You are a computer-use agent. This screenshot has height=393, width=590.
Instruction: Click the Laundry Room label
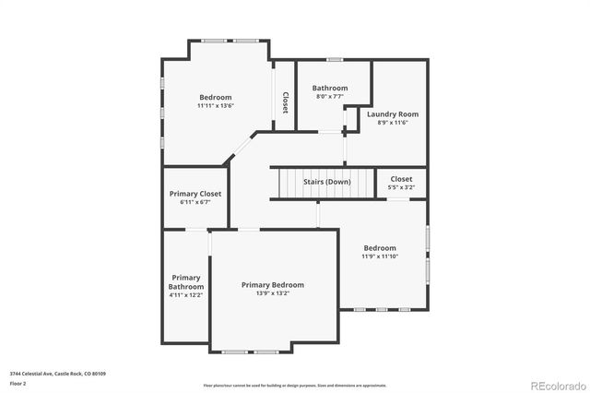(393, 114)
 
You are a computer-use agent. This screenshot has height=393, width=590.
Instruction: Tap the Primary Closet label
(196, 194)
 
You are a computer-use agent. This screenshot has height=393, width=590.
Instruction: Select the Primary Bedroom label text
(273, 285)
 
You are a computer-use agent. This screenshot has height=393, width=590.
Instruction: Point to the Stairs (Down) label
(327, 182)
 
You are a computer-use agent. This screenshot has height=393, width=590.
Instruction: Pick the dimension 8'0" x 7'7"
(330, 96)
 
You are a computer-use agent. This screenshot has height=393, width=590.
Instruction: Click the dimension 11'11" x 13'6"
(216, 106)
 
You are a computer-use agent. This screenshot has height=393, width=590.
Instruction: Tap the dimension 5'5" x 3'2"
(402, 187)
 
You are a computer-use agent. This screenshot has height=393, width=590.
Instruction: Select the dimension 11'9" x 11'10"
(380, 256)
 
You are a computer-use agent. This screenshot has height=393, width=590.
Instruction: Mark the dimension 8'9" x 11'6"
(393, 123)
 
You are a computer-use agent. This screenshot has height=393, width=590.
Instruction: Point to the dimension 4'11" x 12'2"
(185, 295)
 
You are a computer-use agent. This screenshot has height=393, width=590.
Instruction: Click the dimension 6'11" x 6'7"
(196, 202)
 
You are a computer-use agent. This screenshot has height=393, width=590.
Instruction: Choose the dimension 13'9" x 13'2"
(273, 293)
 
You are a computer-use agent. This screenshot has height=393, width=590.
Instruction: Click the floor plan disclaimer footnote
(295, 384)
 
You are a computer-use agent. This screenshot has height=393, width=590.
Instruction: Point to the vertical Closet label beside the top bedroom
(285, 101)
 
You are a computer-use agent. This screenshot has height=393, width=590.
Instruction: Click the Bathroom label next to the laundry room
(330, 88)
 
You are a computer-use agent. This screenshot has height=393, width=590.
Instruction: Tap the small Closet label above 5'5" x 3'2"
(402, 179)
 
